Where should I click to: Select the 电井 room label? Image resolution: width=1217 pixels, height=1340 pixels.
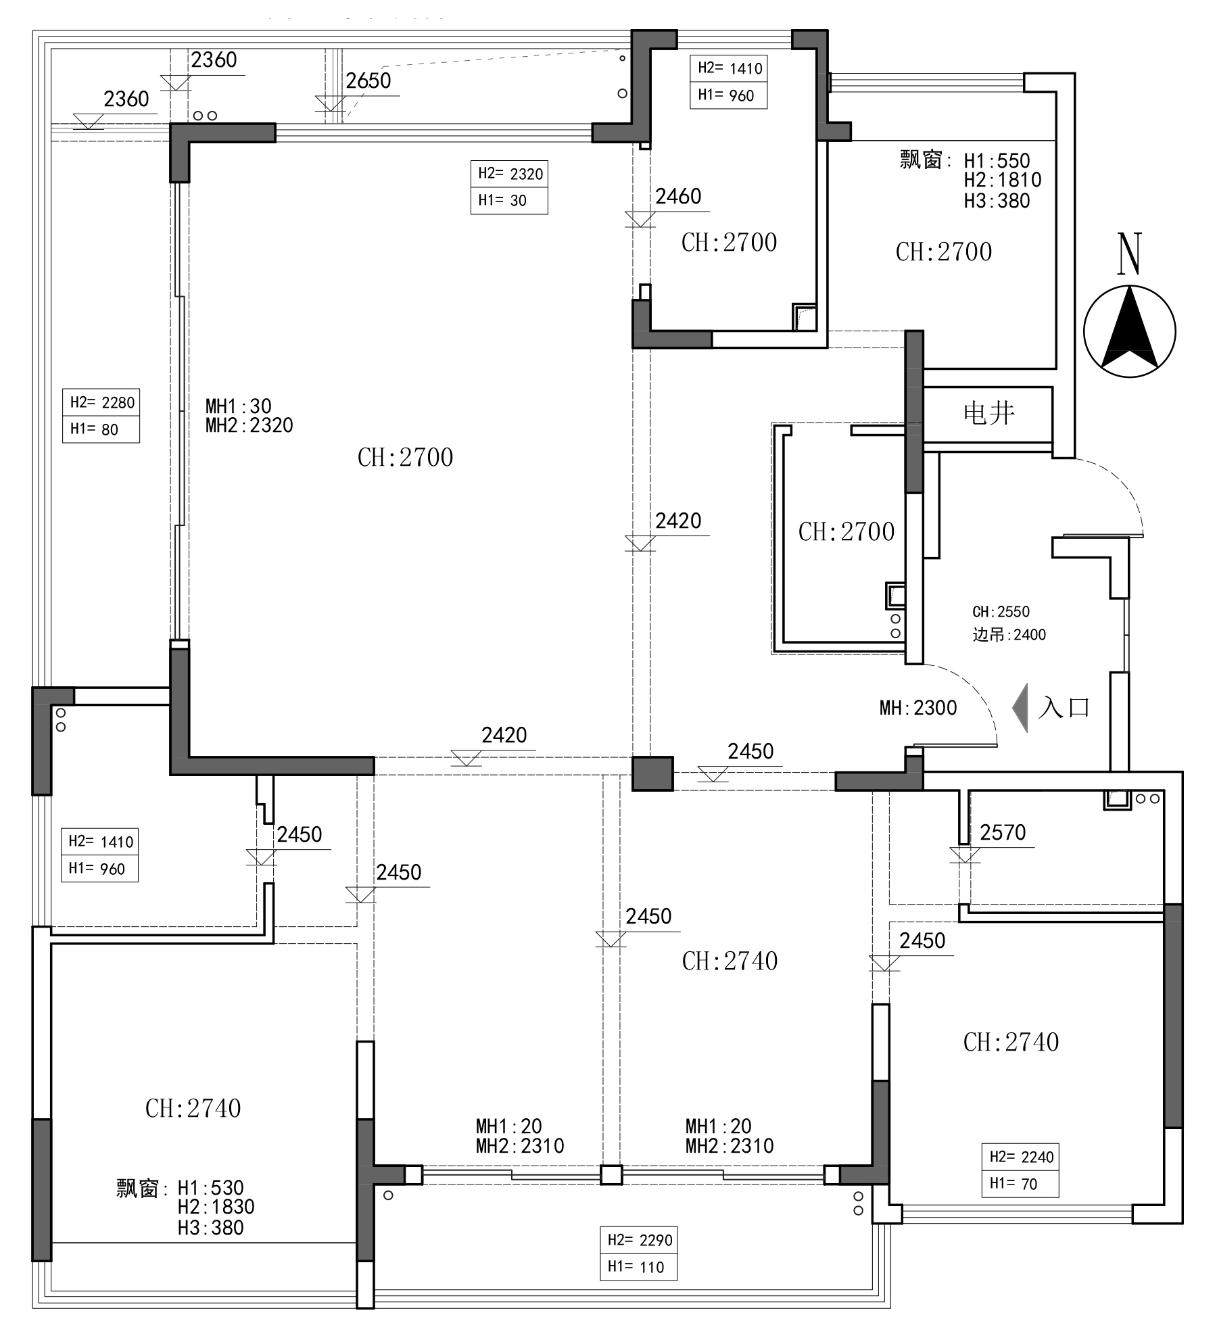point(989,413)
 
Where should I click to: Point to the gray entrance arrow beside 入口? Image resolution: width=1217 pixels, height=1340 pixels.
point(1021,708)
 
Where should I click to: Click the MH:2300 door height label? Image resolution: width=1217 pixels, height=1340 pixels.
point(918,708)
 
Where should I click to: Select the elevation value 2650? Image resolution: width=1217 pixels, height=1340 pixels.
point(368,81)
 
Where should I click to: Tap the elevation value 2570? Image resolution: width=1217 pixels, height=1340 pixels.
point(1003,832)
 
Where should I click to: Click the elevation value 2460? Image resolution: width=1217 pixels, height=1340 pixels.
point(678,196)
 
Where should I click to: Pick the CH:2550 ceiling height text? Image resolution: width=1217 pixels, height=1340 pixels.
point(1001,612)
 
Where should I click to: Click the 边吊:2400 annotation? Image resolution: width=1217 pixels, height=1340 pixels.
point(1009,635)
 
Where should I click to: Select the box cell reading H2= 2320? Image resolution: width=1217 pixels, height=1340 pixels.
point(510,174)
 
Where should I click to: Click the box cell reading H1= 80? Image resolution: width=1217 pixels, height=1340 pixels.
point(101,429)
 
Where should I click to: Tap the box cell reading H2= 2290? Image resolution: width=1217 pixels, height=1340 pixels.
point(639,1240)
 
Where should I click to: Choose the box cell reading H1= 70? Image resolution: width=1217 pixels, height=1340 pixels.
point(1020,1184)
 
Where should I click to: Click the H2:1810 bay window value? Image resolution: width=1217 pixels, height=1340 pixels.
point(1003,180)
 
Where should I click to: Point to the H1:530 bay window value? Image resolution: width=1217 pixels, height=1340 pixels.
point(210,1188)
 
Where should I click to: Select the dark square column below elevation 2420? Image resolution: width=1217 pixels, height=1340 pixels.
point(652,773)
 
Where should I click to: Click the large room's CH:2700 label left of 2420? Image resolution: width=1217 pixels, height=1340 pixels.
point(405,458)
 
